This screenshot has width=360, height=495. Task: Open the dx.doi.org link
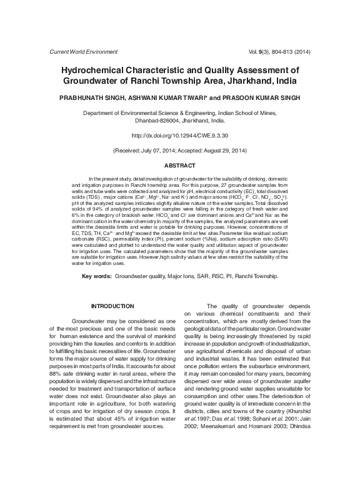[179, 135]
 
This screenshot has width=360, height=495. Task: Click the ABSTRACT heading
[179, 165]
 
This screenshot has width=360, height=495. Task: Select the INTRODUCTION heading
[112, 306]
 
